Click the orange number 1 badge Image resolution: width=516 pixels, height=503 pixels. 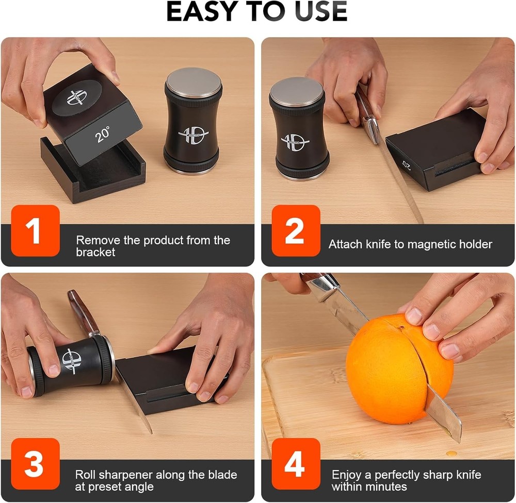tap(35, 230)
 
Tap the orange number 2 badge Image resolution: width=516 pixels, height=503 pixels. tap(296, 230)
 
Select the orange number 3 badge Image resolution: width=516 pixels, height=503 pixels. tap(35, 464)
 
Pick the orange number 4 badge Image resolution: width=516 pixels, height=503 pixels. tap(296, 464)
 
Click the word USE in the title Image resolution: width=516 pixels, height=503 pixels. tap(321, 11)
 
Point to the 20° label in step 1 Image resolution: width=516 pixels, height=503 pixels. tap(103, 134)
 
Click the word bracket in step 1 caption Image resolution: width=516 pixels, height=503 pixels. tap(95, 253)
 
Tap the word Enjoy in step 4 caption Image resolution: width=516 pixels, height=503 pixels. tap(347, 475)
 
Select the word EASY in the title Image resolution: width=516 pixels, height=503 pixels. tap(203, 11)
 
